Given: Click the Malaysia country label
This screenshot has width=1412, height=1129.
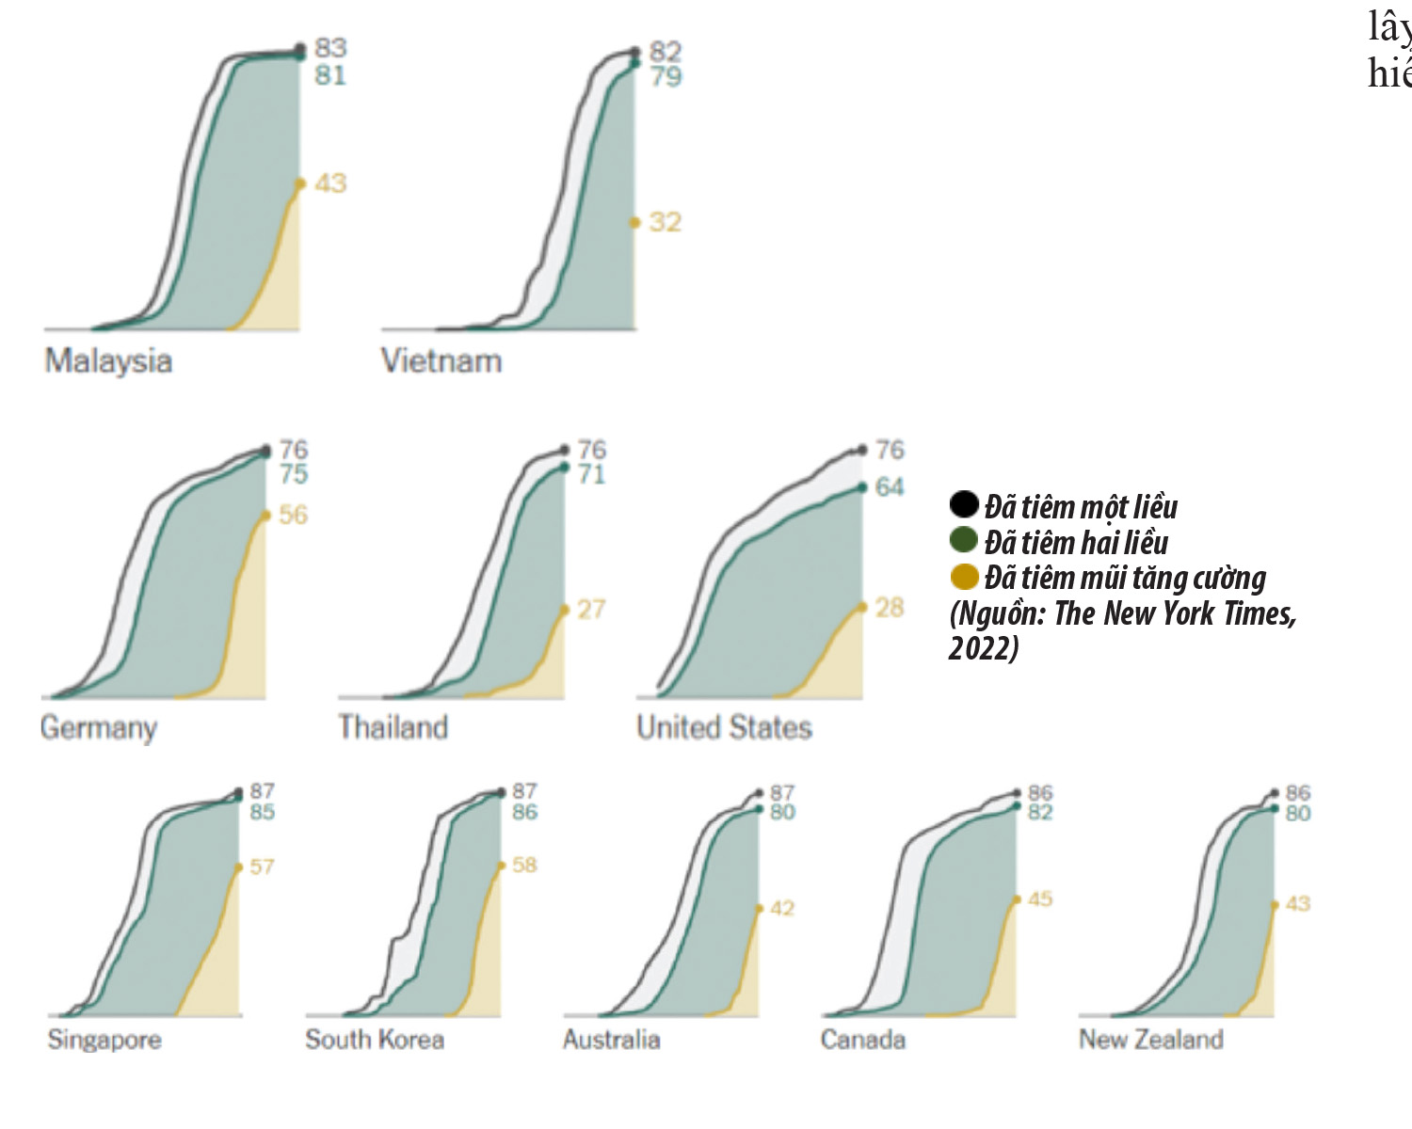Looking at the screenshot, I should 108,361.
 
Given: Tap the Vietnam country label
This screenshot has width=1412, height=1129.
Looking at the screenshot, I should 441,361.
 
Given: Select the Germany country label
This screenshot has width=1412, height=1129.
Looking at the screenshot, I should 98,728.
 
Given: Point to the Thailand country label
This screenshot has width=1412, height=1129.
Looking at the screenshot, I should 393,727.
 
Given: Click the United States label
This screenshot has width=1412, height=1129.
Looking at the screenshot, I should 724,727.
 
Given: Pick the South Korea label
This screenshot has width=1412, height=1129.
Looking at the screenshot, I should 374,1040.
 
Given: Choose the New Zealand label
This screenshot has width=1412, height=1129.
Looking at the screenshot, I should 1150,1040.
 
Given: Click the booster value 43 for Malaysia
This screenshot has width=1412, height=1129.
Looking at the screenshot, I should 330,183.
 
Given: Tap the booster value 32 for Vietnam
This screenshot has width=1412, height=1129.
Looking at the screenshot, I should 665,222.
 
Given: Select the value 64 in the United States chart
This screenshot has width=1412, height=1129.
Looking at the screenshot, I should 890,487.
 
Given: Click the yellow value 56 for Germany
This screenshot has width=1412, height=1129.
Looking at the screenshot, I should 293,515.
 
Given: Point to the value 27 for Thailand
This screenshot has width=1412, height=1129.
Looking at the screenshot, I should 591,610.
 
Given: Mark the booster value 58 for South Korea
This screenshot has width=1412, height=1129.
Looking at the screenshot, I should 524,865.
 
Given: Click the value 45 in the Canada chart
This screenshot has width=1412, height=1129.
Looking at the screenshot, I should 1040,899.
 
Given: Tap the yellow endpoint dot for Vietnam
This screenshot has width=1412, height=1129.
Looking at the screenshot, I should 635,223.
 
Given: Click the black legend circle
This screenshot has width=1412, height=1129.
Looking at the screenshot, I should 964,504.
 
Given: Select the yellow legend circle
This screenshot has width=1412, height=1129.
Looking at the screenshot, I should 964,576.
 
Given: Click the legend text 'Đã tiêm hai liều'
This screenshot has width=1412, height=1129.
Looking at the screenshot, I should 1076,542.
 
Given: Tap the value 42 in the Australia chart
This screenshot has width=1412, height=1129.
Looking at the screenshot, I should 782,909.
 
